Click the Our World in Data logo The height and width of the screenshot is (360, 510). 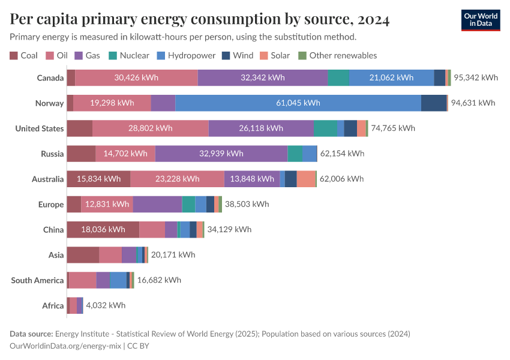click(481, 20)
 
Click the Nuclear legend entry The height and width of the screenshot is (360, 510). click(129, 55)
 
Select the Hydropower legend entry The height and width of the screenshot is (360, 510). click(186, 55)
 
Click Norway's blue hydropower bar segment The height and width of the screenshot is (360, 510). click(298, 103)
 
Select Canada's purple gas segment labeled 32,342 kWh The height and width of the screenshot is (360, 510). click(263, 77)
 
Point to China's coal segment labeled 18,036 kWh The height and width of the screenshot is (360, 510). click(103, 230)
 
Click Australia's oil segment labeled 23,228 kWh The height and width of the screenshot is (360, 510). click(177, 179)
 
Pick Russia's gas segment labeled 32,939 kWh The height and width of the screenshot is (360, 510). click(221, 154)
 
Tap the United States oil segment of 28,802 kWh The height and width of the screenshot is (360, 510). click(150, 128)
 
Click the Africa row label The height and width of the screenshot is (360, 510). click(53, 306)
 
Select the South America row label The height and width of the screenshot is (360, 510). click(37, 280)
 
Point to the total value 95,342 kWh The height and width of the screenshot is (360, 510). click(476, 77)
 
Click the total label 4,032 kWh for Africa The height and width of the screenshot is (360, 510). click(106, 305)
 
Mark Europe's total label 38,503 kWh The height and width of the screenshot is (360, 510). click(247, 204)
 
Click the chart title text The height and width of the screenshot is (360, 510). click(199, 19)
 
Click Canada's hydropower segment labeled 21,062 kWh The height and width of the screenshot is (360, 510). click(391, 77)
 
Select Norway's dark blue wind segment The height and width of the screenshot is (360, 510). click(434, 103)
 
